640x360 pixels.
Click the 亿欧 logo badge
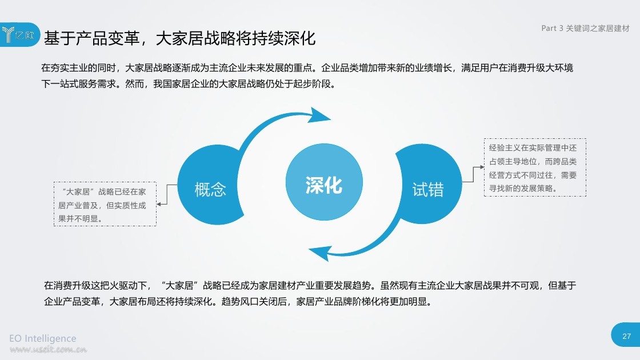(19, 35)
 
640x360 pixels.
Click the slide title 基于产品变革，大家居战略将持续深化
(179, 38)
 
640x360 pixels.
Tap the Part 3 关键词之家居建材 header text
(585, 28)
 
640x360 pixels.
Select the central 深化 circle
(324, 182)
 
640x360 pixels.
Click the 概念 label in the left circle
(210, 189)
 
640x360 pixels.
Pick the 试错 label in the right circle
(428, 190)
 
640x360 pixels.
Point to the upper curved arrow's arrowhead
(319, 115)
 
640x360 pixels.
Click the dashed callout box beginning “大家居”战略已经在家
(105, 204)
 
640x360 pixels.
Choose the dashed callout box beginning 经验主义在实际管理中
(535, 167)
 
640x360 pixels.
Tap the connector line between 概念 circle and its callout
(167, 194)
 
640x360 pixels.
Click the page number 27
(626, 337)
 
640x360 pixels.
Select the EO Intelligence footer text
(43, 338)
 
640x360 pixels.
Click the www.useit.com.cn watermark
(48, 349)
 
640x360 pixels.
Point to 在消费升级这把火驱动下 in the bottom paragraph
(95, 285)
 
